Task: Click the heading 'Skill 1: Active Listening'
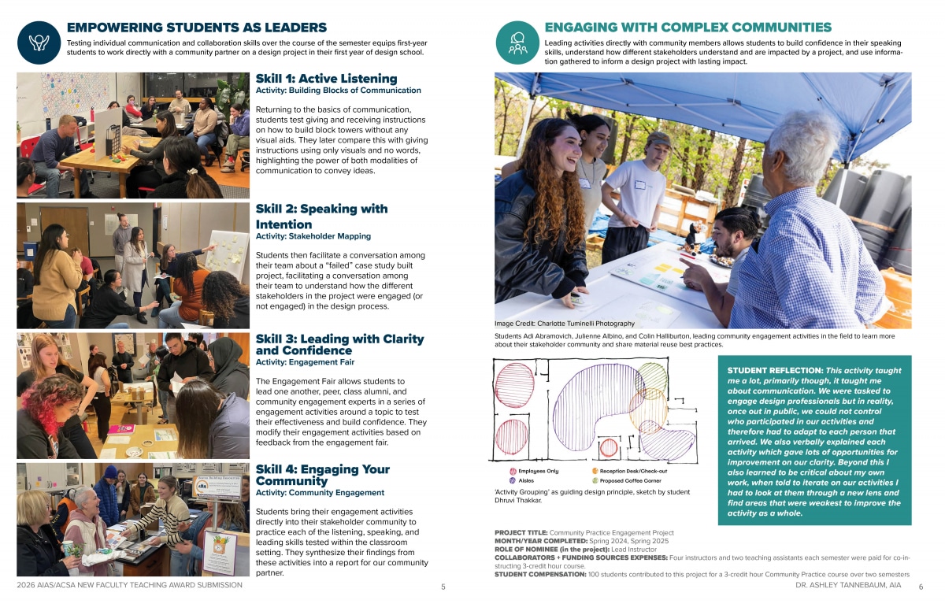click(x=326, y=79)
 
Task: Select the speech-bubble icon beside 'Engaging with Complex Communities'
click(x=517, y=42)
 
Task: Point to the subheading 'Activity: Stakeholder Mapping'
click(x=313, y=236)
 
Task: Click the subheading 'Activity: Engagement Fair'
click(x=305, y=362)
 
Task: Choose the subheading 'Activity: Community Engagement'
click(x=320, y=493)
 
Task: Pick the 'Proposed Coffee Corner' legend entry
click(x=630, y=480)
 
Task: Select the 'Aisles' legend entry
click(x=525, y=480)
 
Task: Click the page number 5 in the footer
click(x=443, y=587)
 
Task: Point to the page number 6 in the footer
click(x=921, y=587)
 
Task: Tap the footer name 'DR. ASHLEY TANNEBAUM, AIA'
click(x=848, y=586)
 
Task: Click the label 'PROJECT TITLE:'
click(x=521, y=533)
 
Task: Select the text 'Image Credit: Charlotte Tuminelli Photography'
click(x=564, y=324)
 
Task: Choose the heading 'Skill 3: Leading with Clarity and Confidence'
click(x=339, y=344)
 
